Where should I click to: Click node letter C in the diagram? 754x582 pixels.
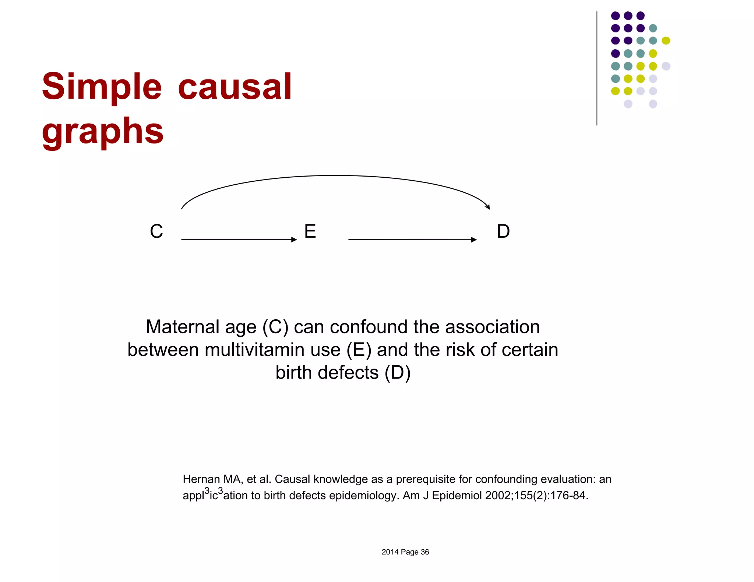[x=156, y=231]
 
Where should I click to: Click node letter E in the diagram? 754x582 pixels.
[x=310, y=231]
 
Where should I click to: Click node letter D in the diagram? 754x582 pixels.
[x=503, y=231]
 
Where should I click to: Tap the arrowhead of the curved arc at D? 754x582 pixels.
[x=488, y=207]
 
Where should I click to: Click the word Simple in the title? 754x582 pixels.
[x=102, y=87]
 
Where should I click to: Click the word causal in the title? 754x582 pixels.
[x=235, y=87]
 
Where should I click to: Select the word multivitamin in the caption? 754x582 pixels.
[x=272, y=349]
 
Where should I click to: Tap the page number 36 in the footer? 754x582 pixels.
[x=425, y=552]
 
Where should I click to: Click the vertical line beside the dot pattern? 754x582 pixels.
[x=597, y=68]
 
